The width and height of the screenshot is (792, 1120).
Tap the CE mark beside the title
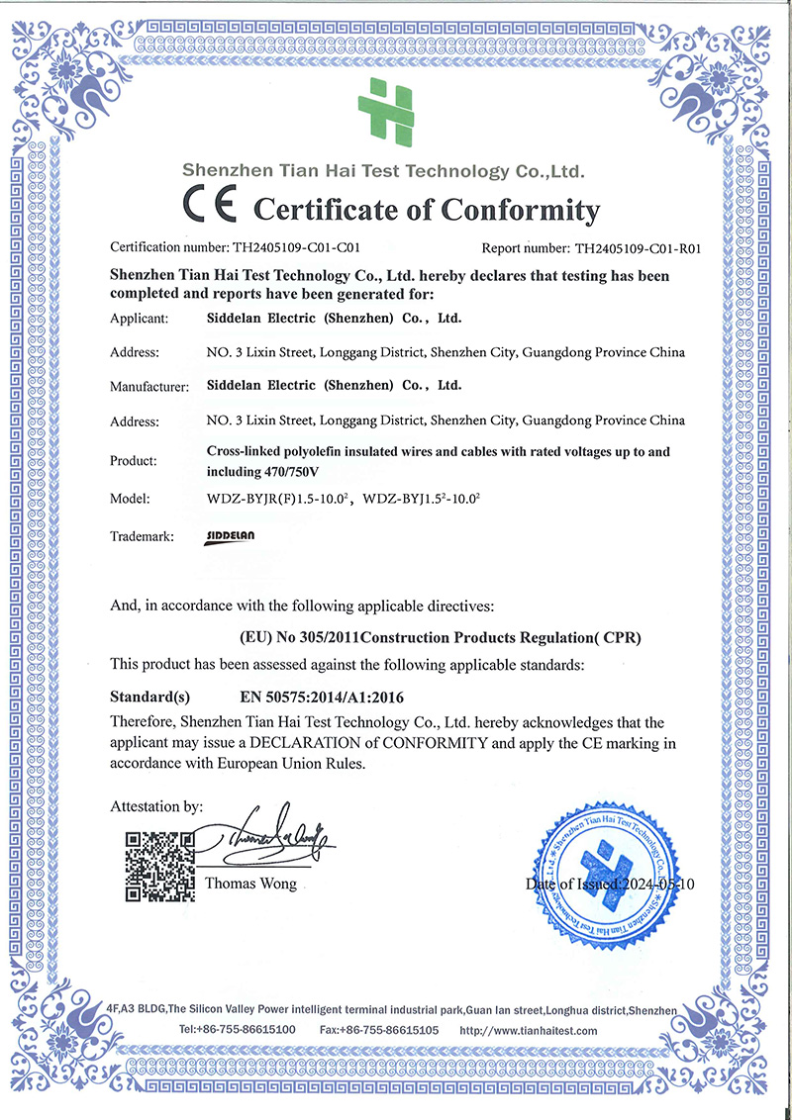pyautogui.click(x=209, y=207)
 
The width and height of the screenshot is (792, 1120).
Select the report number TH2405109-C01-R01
pyautogui.click(x=638, y=249)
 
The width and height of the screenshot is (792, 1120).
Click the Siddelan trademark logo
pyautogui.click(x=231, y=536)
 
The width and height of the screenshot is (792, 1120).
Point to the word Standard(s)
pyautogui.click(x=149, y=696)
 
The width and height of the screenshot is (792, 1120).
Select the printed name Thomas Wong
pyautogui.click(x=250, y=884)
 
